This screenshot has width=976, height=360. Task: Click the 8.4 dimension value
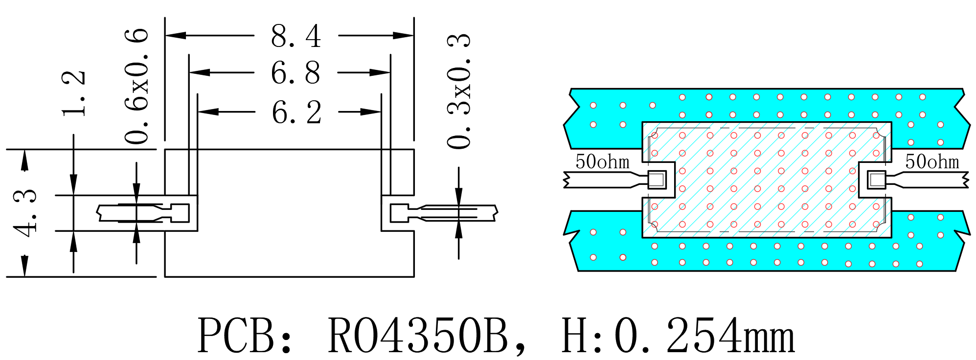[296, 36]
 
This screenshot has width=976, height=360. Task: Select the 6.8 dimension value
[295, 73]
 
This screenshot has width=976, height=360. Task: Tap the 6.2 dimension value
[296, 112]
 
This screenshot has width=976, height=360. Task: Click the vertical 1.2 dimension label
[74, 93]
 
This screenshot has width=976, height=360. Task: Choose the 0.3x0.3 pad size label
[459, 91]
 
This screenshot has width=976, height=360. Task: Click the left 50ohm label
[602, 162]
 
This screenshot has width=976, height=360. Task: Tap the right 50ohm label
[932, 162]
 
